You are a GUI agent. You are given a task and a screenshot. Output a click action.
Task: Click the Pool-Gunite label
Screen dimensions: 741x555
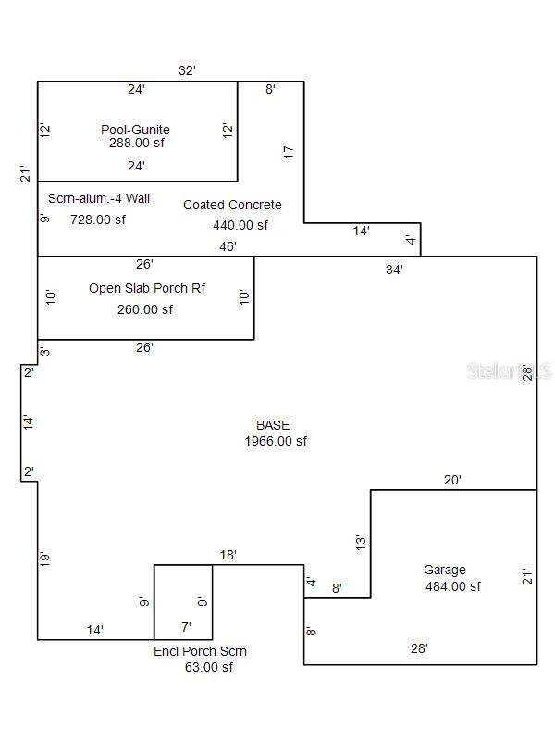click(x=135, y=130)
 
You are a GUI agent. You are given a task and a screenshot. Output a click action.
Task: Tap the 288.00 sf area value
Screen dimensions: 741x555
click(x=135, y=144)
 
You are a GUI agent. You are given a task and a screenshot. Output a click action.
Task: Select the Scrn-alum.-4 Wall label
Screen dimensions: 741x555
click(x=99, y=198)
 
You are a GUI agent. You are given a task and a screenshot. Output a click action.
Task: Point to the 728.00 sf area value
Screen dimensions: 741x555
click(x=98, y=220)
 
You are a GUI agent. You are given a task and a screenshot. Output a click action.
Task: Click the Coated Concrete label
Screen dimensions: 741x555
click(x=232, y=205)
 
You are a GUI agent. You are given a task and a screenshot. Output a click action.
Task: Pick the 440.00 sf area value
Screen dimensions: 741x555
click(x=240, y=225)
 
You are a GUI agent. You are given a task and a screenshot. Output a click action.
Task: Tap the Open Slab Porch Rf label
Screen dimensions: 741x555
click(x=147, y=288)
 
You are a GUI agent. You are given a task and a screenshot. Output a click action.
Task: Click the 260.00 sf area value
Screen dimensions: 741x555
click(x=145, y=309)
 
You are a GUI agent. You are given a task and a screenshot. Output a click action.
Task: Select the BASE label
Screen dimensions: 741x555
click(x=273, y=425)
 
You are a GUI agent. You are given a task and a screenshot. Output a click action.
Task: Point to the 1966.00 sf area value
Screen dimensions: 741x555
click(x=276, y=442)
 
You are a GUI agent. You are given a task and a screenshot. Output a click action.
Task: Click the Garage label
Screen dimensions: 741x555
click(x=445, y=570)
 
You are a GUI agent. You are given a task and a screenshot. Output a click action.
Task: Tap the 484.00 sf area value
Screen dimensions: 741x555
click(x=453, y=586)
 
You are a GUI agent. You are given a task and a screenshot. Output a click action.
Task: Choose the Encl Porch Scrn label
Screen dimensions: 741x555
click(x=200, y=651)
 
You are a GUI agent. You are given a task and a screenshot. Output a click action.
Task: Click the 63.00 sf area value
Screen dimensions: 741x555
click(x=209, y=667)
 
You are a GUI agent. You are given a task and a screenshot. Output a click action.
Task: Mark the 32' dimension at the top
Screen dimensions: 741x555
click(x=187, y=70)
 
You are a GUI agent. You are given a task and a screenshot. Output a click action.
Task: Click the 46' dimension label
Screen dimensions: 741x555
click(x=228, y=246)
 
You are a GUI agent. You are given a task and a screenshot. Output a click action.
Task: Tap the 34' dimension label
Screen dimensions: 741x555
click(x=394, y=270)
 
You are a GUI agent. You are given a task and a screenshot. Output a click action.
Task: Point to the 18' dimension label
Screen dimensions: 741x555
click(x=228, y=555)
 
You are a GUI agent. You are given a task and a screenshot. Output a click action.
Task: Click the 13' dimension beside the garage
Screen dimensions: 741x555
click(x=361, y=541)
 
